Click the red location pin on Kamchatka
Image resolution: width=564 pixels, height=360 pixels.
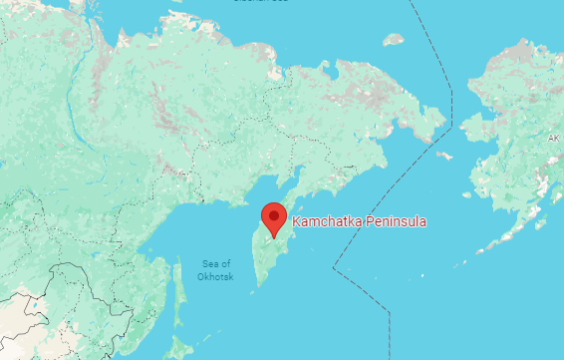click(x=273, y=218)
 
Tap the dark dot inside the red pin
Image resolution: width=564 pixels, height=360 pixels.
click(x=273, y=214)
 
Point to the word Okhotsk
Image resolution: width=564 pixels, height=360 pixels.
click(x=215, y=276)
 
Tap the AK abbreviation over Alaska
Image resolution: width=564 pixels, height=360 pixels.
click(x=553, y=138)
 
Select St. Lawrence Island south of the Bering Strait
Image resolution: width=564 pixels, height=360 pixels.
click(x=444, y=156)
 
